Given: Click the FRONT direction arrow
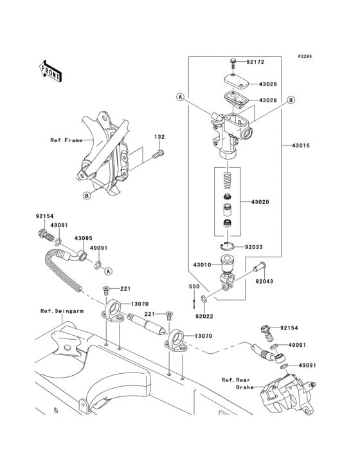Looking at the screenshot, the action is coord(50,71).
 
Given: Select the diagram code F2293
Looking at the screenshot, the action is coord(305,56).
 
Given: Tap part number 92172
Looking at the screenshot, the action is coord(255,62).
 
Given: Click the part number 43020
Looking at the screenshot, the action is coord(260,202).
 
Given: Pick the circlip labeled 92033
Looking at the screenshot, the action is coord(227,246).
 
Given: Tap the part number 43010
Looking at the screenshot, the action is coord(203,265).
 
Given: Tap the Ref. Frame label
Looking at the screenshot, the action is coord(66,140).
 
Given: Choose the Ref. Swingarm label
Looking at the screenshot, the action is coord(62,311).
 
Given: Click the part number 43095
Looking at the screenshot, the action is coord(84,238).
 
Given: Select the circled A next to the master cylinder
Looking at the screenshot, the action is coord(180,97).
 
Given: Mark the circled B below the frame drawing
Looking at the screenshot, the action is coord(86,196).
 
